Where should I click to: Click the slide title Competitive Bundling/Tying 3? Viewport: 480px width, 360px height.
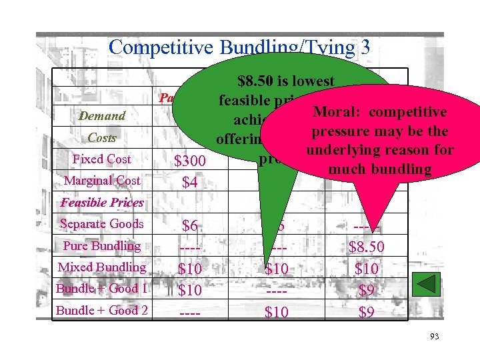point(239,47)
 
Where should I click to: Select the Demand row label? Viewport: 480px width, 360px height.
point(102,116)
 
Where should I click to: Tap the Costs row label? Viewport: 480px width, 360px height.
point(102,138)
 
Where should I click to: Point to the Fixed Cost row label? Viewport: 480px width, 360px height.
point(102,159)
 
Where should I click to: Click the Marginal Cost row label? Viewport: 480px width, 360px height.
point(102,181)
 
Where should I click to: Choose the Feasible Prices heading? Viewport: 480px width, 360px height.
point(102,203)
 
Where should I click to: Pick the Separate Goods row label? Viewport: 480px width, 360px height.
point(102,224)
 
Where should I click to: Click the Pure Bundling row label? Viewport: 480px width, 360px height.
point(102,246)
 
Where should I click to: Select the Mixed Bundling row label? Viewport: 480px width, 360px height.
point(102,267)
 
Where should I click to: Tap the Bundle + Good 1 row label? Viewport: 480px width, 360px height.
point(102,289)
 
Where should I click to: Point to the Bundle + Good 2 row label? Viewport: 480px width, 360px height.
point(102,310)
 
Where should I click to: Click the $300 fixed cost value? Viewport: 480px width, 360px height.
point(190,161)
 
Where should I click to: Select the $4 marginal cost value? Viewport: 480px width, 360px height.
point(190,182)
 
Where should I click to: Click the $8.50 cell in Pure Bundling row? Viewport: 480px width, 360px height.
point(366,247)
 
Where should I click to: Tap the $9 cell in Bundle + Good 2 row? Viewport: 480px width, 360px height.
point(366,311)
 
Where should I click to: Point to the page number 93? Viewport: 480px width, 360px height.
point(434,337)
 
